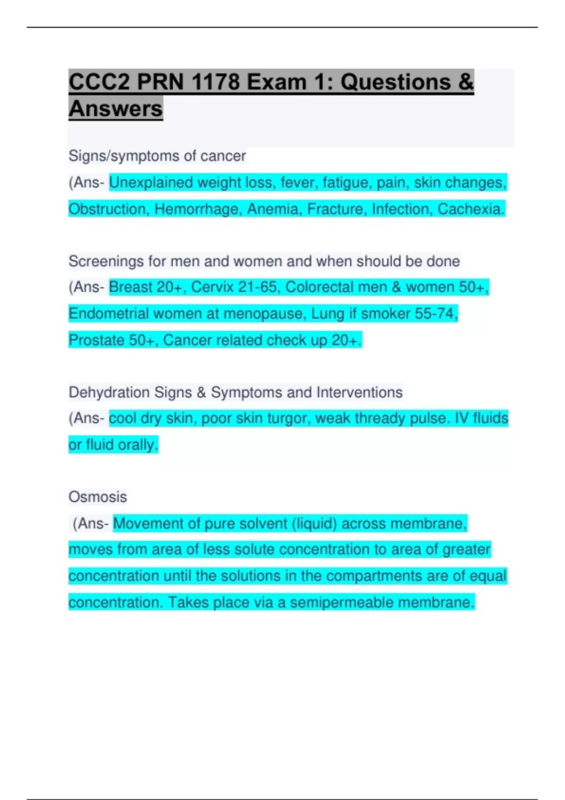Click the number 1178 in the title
tap(216, 82)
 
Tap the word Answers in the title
tap(116, 109)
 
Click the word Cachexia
tap(471, 209)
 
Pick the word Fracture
tap(336, 209)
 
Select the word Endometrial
tap(109, 313)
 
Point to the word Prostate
tap(96, 340)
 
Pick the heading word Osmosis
tap(98, 497)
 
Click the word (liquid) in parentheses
tap(314, 523)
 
